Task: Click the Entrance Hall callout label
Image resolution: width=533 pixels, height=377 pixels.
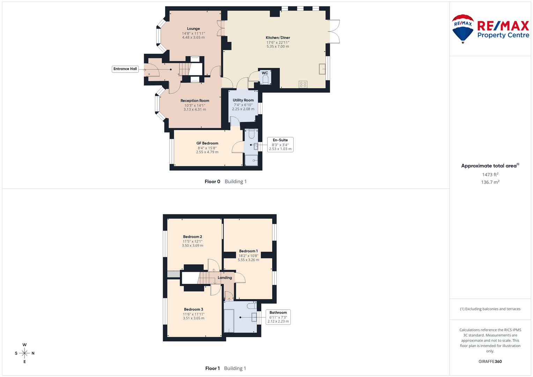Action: click(125, 69)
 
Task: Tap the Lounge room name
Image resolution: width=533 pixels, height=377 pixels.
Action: click(193, 29)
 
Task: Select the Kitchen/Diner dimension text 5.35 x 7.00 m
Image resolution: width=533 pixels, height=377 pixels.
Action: click(278, 46)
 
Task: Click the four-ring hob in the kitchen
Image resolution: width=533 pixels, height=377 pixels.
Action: click(303, 84)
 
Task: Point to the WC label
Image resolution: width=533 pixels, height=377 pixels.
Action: click(265, 73)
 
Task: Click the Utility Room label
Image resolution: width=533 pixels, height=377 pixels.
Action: click(243, 100)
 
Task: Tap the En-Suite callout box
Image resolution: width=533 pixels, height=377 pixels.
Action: click(280, 145)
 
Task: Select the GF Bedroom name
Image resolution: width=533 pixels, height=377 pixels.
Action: click(207, 143)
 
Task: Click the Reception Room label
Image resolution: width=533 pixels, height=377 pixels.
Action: click(195, 101)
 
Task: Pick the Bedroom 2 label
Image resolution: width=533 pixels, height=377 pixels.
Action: click(192, 237)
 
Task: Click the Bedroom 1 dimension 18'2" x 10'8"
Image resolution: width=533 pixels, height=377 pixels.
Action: click(249, 256)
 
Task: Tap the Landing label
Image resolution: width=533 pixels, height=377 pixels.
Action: click(225, 278)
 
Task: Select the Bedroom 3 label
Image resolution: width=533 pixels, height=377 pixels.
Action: click(193, 309)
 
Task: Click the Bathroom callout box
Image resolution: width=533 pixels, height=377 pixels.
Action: click(278, 317)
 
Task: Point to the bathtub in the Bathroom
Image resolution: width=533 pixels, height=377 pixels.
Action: click(229, 320)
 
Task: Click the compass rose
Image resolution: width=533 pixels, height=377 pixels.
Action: click(24, 353)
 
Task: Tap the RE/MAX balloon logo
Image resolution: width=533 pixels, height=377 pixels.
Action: click(463, 29)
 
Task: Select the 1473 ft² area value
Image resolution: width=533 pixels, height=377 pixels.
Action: click(490, 175)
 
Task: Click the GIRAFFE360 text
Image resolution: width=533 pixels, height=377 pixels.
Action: click(490, 361)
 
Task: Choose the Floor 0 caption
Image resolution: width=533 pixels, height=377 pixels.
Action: click(212, 182)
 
